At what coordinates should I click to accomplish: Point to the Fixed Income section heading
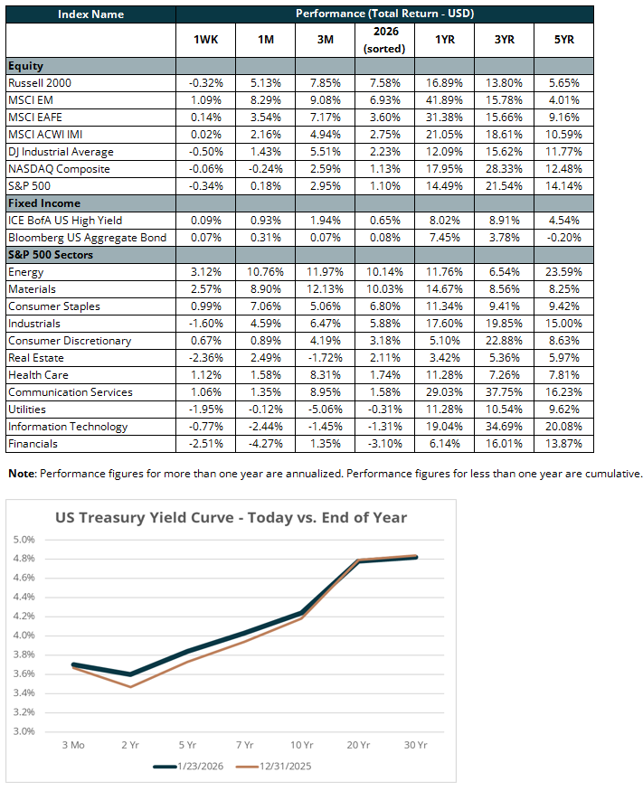pyautogui.click(x=43, y=203)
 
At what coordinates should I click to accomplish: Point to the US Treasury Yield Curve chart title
pyautogui.click(x=232, y=518)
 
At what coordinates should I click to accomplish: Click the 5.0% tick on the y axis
pyautogui.click(x=24, y=540)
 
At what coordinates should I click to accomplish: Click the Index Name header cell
pyautogui.click(x=90, y=14)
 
